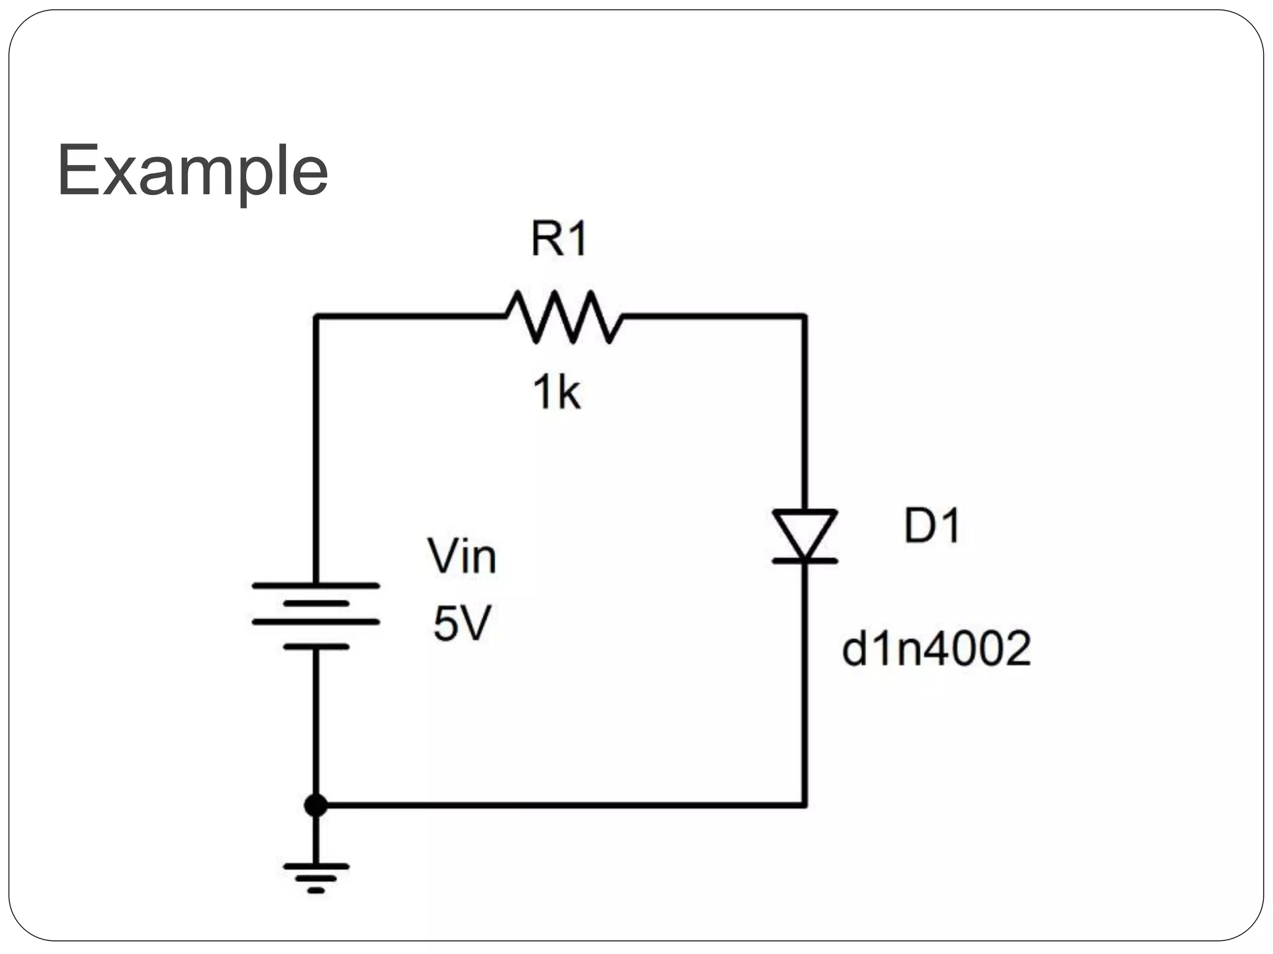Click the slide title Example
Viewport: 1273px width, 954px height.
[x=192, y=170]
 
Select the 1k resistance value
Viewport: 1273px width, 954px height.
[x=556, y=393]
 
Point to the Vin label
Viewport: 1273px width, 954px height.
[x=462, y=556]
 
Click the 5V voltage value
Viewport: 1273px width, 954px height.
[x=462, y=624]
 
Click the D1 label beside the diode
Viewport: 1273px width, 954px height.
[x=932, y=526]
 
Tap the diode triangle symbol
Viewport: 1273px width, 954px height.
[x=804, y=532]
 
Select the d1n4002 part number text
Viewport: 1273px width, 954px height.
[x=936, y=649]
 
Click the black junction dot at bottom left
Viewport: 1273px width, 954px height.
[x=316, y=806]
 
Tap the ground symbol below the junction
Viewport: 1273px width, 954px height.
[x=316, y=876]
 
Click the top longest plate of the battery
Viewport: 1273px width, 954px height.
[x=316, y=586]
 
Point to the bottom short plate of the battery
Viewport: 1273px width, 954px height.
[x=316, y=647]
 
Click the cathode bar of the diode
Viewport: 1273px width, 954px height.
[x=804, y=561]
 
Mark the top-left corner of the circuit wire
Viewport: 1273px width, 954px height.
[x=316, y=317]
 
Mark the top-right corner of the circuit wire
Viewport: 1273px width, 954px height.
[x=804, y=317]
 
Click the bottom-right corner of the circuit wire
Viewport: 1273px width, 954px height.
[x=804, y=806]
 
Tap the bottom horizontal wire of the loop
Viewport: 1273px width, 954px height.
[x=559, y=806]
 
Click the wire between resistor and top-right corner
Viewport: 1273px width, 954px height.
[x=715, y=317]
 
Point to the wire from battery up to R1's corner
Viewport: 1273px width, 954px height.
[x=316, y=447]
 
